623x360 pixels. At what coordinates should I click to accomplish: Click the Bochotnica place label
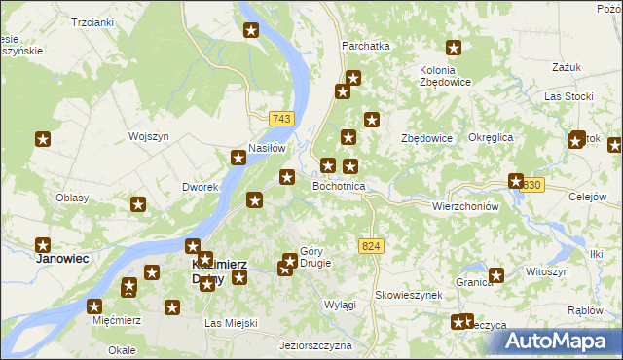339,185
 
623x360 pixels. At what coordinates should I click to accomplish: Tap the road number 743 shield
282,119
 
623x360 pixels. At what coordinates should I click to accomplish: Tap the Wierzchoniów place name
464,206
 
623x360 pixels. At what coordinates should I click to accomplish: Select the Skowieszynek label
409,294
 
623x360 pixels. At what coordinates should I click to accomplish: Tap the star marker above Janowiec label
43,245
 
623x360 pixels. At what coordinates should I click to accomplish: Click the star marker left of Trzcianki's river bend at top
250,31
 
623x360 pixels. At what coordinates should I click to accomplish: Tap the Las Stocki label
568,97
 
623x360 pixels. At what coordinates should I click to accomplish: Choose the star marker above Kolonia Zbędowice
453,47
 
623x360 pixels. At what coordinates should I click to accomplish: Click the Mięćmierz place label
116,320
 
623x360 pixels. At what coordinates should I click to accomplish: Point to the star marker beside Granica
496,275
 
